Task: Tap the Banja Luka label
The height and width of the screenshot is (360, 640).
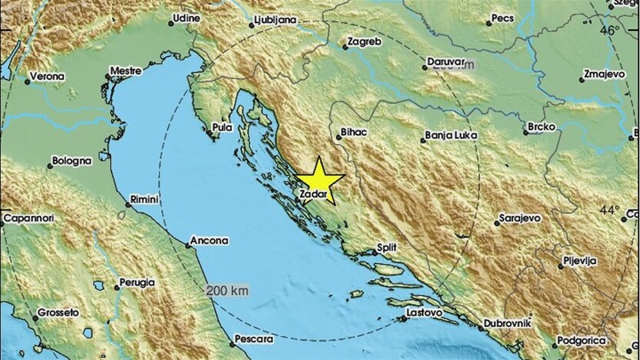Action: (x=452, y=136)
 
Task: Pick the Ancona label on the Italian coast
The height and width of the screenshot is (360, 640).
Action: (x=211, y=240)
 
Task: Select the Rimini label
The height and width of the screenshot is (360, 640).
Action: (x=144, y=199)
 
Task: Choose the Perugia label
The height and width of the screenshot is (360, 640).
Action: (x=134, y=283)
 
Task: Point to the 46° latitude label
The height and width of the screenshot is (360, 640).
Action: (x=609, y=30)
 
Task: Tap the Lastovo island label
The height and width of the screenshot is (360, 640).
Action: (x=424, y=313)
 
